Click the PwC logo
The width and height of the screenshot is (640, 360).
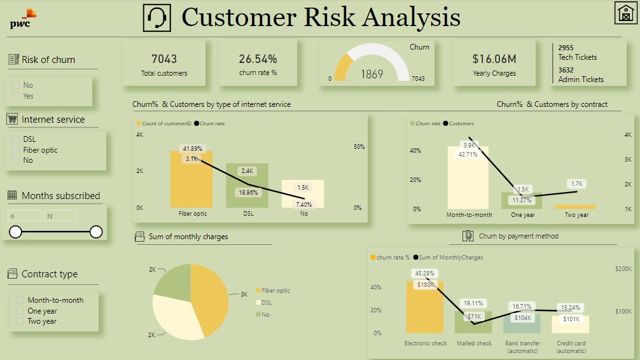(24, 19)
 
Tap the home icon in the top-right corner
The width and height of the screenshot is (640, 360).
(625, 13)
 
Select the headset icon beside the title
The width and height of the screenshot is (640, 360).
(157, 18)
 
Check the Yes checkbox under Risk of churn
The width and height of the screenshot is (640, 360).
(15, 96)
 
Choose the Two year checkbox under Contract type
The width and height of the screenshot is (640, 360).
(20, 321)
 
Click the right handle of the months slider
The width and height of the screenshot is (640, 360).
(96, 232)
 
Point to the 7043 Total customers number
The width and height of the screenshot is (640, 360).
(164, 59)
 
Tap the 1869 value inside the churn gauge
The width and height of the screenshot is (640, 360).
(372, 74)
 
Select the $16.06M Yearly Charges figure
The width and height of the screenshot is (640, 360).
(494, 59)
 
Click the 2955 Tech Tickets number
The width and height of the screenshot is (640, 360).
(566, 48)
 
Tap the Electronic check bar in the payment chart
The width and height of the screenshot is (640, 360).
(425, 312)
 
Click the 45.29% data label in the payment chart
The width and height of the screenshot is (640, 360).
(424, 273)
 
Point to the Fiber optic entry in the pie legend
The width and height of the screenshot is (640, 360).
(275, 291)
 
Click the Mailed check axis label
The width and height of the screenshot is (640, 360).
(474, 343)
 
